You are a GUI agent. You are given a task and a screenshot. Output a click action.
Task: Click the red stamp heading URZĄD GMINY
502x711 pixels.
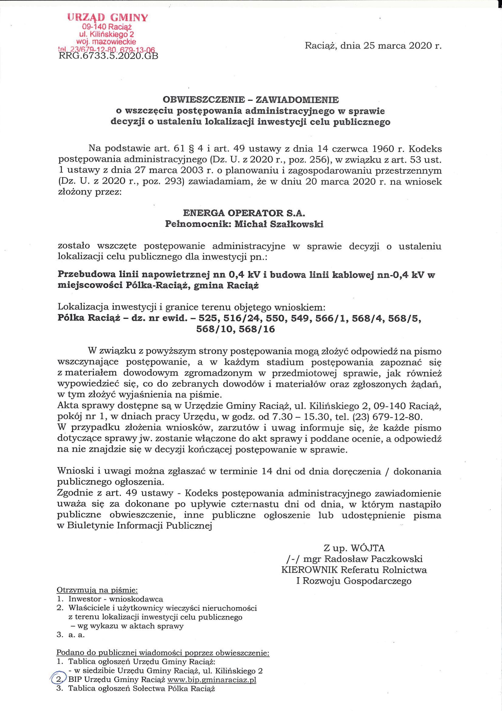pos(108,17)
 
